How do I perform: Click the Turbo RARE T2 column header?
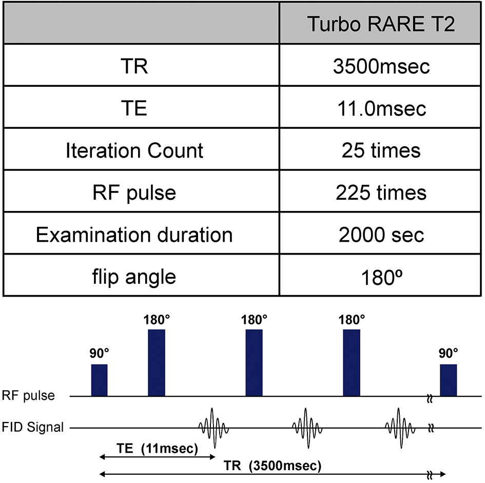tap(381, 24)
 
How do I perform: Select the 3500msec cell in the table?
tap(381, 66)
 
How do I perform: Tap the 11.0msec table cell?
tap(381, 109)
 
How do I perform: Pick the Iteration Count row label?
tap(134, 151)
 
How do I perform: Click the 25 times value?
tap(381, 151)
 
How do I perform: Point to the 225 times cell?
tap(381, 193)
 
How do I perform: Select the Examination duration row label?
tap(134, 235)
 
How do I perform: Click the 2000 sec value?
tap(381, 235)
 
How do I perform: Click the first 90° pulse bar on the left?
tap(99, 380)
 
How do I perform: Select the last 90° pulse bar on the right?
tap(449, 380)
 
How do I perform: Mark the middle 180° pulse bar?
tap(254, 363)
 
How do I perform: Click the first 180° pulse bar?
tap(157, 363)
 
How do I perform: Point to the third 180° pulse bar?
tap(352, 363)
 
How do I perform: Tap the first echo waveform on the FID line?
tap(214, 428)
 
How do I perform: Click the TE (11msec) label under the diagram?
tap(157, 448)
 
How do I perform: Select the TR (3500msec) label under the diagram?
tap(273, 466)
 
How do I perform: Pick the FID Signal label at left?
tap(33, 427)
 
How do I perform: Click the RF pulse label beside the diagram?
tap(28, 396)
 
